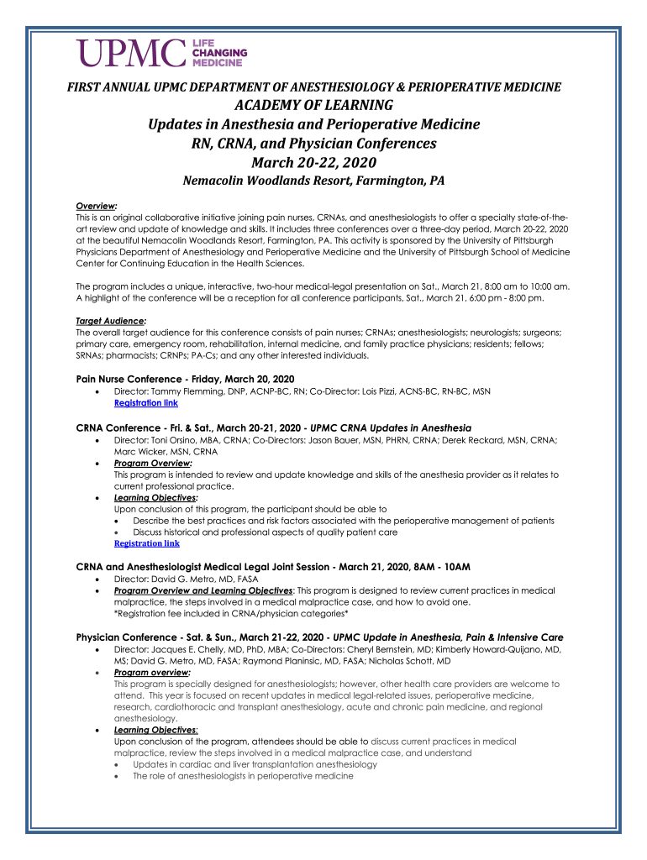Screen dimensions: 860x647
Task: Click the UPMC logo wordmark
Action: click(x=131, y=53)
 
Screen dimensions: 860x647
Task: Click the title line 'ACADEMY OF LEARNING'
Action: click(x=313, y=105)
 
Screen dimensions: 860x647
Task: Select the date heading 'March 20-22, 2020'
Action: click(x=313, y=162)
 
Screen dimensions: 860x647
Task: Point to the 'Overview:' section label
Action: click(x=96, y=206)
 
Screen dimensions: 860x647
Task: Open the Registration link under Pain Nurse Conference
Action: click(x=145, y=403)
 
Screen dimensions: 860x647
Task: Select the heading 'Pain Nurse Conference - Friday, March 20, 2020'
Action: click(x=185, y=379)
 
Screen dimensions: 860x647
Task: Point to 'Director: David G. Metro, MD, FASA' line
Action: click(x=186, y=579)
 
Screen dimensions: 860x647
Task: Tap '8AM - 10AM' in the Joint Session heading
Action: click(x=439, y=566)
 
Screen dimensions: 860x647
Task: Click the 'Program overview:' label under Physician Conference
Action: click(x=152, y=673)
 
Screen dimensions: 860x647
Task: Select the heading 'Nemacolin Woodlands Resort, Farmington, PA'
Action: click(x=313, y=181)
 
